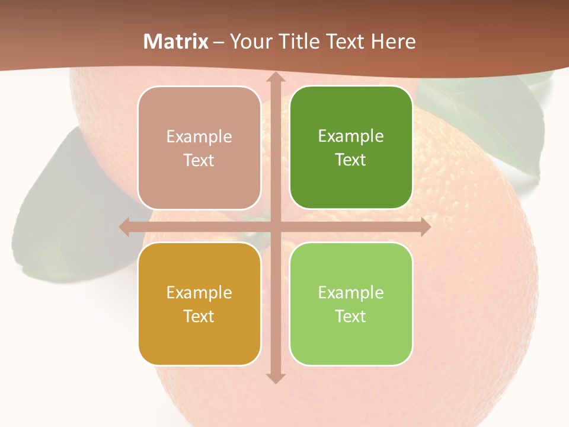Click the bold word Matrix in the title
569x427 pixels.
click(176, 42)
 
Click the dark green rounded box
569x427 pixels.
click(351, 148)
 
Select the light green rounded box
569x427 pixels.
click(351, 304)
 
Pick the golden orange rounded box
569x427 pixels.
click(199, 304)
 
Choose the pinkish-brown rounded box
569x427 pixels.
click(199, 148)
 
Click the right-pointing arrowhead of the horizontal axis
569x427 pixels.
click(424, 227)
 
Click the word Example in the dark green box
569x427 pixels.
click(351, 136)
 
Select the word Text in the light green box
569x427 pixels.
click(351, 316)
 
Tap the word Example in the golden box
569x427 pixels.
click(199, 292)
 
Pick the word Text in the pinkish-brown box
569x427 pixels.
click(199, 160)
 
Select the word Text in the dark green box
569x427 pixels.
click(351, 160)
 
